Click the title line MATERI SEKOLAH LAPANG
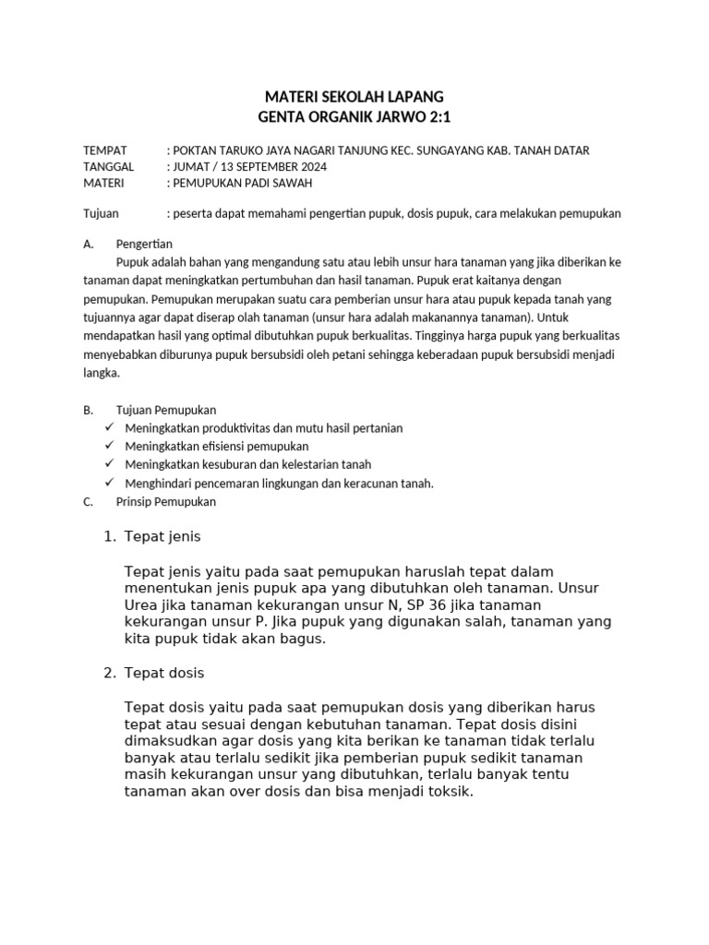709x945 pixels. (354, 96)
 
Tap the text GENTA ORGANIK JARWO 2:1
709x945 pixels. (354, 116)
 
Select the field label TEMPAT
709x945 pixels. (104, 150)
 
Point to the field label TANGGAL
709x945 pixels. (108, 167)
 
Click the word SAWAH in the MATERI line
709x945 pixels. (291, 184)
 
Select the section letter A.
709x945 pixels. (88, 245)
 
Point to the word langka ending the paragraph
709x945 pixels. (101, 374)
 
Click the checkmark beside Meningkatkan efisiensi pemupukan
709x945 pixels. (109, 446)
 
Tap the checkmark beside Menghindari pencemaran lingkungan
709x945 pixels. (109, 483)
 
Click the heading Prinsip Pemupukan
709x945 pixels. (166, 502)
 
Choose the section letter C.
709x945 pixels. (88, 502)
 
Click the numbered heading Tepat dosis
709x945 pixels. (164, 673)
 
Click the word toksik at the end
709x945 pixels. (448, 791)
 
